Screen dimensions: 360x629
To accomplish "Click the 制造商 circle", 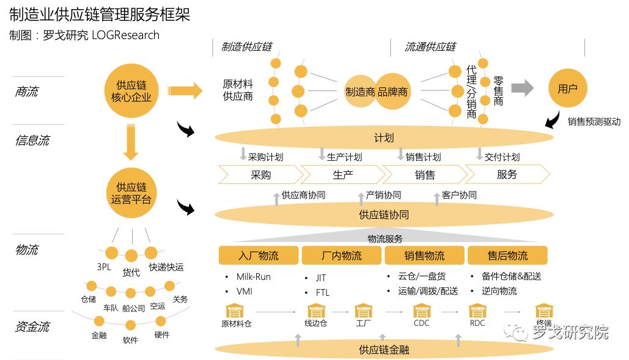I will pyautogui.click(x=361, y=92).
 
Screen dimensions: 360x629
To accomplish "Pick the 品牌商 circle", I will pyautogui.click(x=392, y=92).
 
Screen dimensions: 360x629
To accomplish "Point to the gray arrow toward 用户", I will pyautogui.click(x=522, y=88).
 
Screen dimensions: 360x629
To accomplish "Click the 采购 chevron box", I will pyautogui.click(x=261, y=174).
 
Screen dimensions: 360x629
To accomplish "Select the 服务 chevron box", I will pyautogui.click(x=507, y=174).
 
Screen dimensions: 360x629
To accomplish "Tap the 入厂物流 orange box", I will pyautogui.click(x=259, y=255).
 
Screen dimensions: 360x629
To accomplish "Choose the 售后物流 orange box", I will pyautogui.click(x=507, y=255).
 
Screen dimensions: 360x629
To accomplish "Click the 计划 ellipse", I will pyautogui.click(x=384, y=138).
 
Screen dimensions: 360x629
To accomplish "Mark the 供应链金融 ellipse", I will pyautogui.click(x=384, y=350).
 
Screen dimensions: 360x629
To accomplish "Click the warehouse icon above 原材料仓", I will pyautogui.click(x=235, y=310).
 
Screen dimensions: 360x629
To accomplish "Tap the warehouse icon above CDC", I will pyautogui.click(x=422, y=310).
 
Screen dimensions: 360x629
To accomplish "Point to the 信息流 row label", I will pyautogui.click(x=32, y=141).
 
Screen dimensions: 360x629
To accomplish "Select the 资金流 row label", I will pyautogui.click(x=32, y=327).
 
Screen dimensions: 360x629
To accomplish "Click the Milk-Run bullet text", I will pyautogui.click(x=253, y=277).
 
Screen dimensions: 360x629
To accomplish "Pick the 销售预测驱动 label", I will pyautogui.click(x=594, y=122).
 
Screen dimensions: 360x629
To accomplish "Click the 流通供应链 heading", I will pyautogui.click(x=430, y=47).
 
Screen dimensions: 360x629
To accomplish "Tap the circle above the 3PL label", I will pyautogui.click(x=111, y=252).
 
